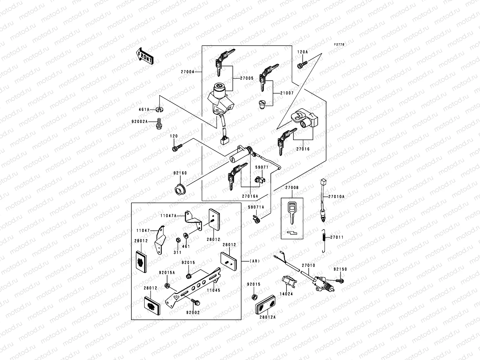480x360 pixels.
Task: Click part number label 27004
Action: pyautogui.click(x=188, y=72)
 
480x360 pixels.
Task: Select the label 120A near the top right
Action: pyautogui.click(x=302, y=52)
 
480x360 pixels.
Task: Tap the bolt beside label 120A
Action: pyautogui.click(x=302, y=64)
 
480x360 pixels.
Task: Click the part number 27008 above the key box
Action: pyautogui.click(x=292, y=188)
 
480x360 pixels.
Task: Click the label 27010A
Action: pyautogui.click(x=336, y=197)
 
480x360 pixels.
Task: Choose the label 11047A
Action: pyautogui.click(x=168, y=215)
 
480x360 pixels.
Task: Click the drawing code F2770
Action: pyautogui.click(x=339, y=44)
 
